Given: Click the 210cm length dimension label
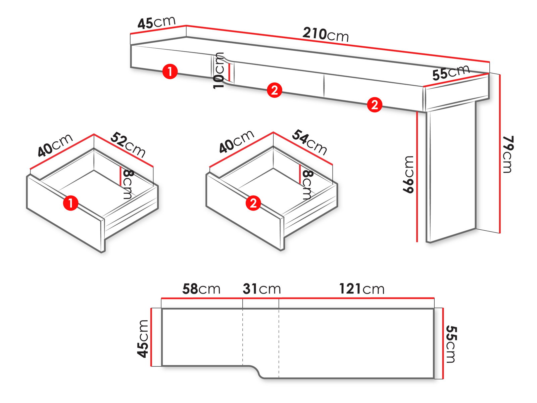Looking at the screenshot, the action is [x=325, y=35].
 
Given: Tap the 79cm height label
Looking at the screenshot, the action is [x=508, y=154].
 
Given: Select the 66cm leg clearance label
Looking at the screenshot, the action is [x=408, y=174].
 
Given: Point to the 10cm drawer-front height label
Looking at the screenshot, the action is [x=218, y=71].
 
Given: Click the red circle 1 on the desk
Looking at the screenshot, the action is [x=170, y=72].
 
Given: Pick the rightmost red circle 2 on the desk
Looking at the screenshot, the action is [x=375, y=105].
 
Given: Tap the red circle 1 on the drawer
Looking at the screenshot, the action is [x=70, y=203].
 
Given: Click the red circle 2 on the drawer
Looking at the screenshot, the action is [x=253, y=203].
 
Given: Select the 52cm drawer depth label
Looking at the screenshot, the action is [x=128, y=144].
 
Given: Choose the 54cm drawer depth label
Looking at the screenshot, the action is [x=309, y=142].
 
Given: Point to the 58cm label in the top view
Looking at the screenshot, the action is [x=201, y=289].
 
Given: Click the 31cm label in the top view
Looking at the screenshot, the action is [x=261, y=289].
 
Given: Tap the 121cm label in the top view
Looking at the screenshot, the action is [x=362, y=289].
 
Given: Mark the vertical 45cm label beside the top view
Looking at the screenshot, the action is [x=143, y=339].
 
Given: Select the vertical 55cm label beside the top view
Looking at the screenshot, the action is [x=451, y=344].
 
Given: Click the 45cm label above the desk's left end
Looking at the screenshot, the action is [x=157, y=23].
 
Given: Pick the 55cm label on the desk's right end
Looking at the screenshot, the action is [x=451, y=73].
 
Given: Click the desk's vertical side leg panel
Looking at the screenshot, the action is [x=451, y=171].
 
